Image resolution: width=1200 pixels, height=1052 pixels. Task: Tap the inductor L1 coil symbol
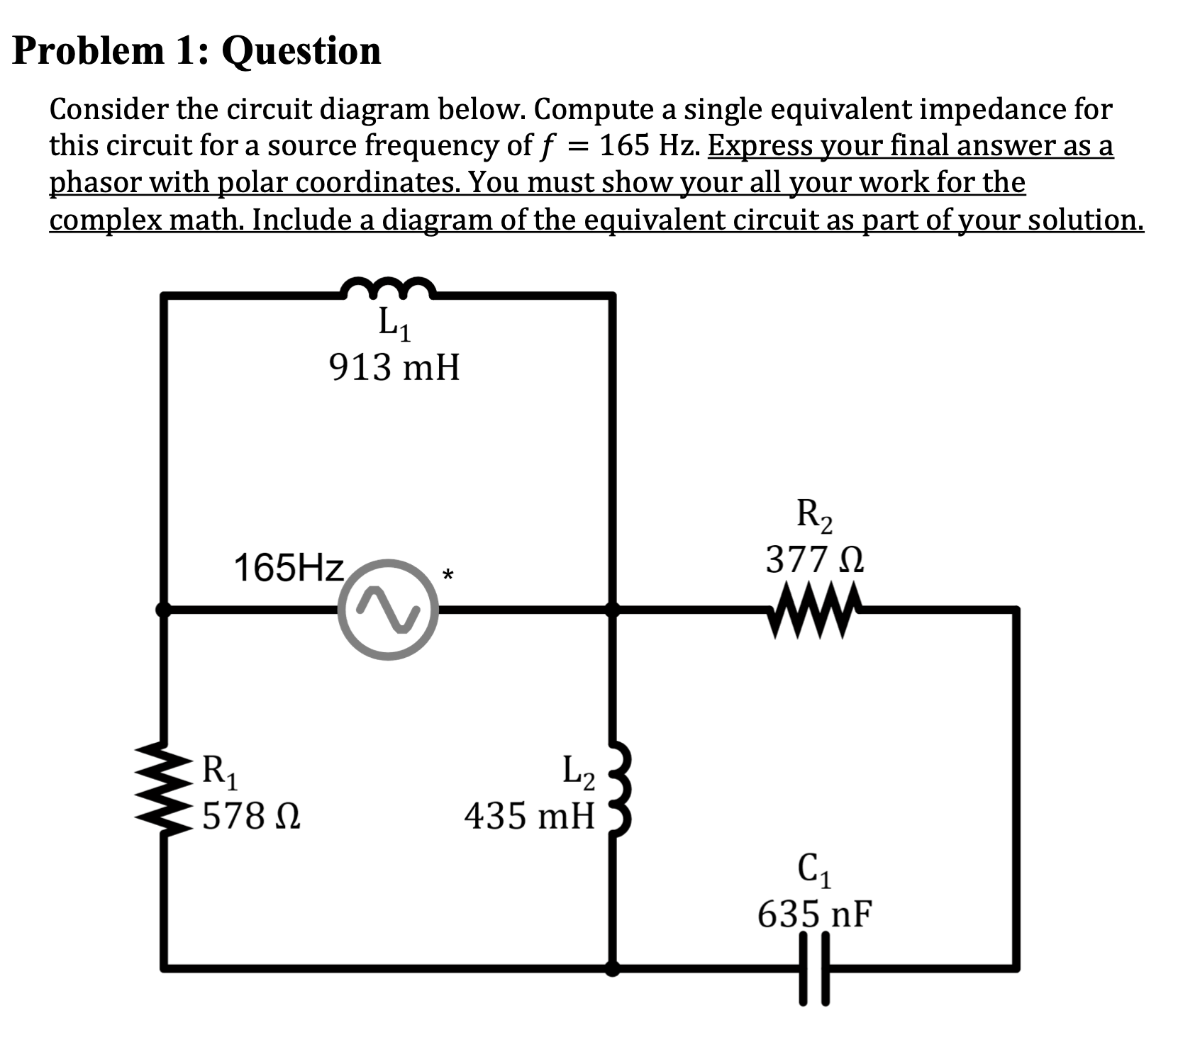pyautogui.click(x=387, y=288)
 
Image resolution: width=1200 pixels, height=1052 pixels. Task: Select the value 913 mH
pyautogui.click(x=394, y=368)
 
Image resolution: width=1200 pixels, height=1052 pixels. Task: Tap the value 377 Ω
pyautogui.click(x=815, y=561)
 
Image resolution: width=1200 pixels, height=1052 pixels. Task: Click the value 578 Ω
pyautogui.click(x=251, y=816)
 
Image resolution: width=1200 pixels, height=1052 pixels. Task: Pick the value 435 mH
pyautogui.click(x=530, y=815)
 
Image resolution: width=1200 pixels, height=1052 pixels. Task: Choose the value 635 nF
pyautogui.click(x=815, y=914)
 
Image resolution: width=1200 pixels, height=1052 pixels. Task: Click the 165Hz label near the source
pyautogui.click(x=289, y=568)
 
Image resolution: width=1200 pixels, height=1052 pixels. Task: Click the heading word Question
pyautogui.click(x=302, y=51)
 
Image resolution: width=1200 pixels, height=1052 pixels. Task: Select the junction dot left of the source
pyautogui.click(x=164, y=609)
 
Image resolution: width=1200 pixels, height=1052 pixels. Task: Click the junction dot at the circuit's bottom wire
pyautogui.click(x=613, y=968)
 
